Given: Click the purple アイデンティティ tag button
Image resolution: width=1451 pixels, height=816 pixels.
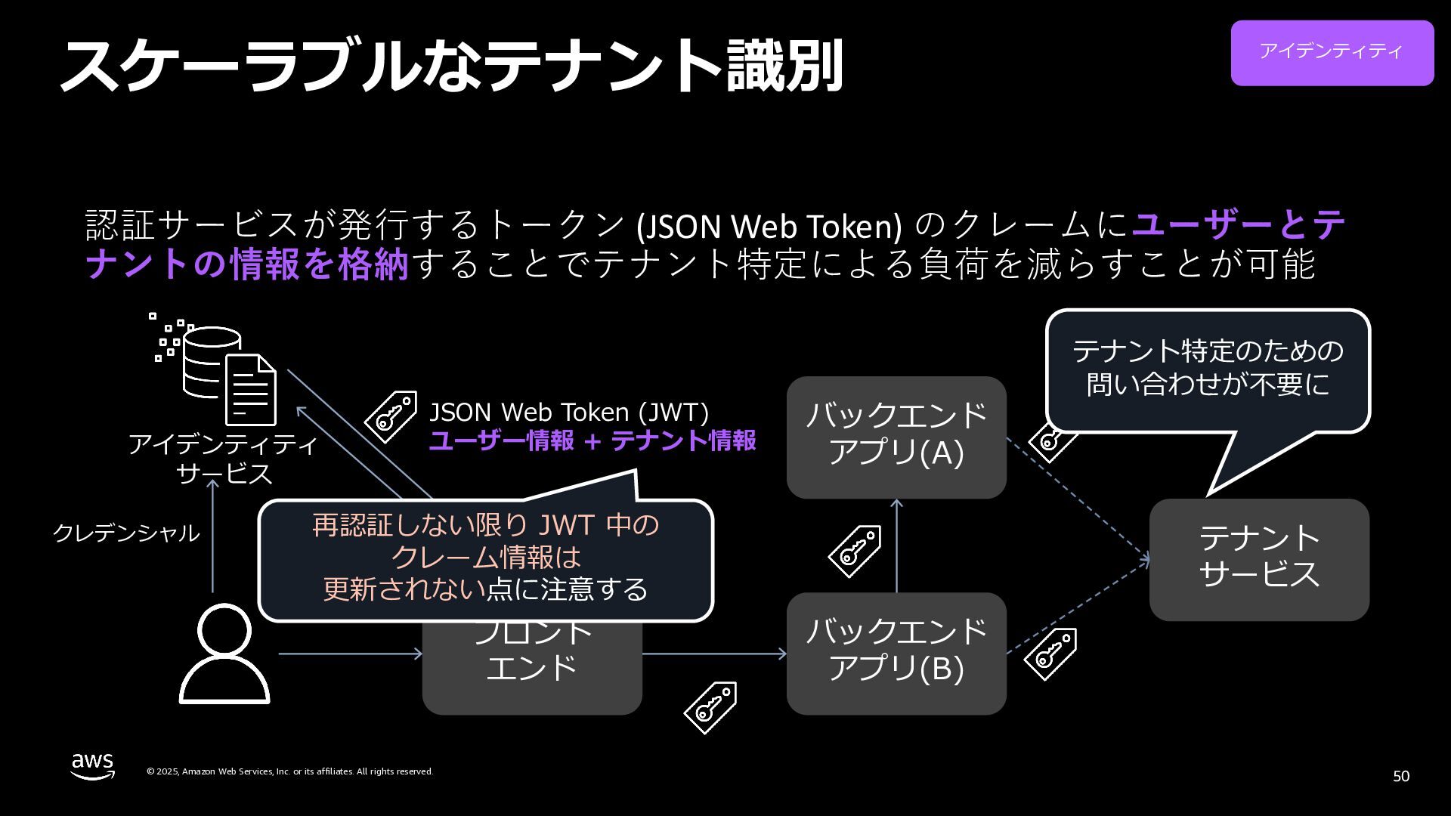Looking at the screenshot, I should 1332,52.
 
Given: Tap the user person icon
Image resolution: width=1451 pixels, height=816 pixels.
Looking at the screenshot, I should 224,654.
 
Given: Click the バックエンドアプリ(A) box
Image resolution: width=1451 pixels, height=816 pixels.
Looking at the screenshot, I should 896,437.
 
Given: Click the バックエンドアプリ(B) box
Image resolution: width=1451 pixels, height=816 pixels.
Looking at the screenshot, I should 896,653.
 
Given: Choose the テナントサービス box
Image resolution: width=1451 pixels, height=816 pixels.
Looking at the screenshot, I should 1259,559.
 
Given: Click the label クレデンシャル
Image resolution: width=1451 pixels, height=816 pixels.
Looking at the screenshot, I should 126,533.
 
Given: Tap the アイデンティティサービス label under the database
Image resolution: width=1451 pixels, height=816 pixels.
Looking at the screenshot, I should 223,458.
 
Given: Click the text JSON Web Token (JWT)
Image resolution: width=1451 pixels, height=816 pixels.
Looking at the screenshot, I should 569,413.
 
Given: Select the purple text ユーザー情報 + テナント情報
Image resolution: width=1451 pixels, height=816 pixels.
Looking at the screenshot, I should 592,440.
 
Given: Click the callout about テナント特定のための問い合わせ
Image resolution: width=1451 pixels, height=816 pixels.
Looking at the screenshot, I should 1208,369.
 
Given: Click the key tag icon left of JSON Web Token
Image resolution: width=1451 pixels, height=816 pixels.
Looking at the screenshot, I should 391,416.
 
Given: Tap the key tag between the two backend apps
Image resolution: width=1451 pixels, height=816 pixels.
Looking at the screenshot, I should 855,551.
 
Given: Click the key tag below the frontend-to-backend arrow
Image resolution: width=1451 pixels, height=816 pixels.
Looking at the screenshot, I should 710,707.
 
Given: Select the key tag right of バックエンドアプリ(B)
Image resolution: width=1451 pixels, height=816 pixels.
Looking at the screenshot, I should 1050,654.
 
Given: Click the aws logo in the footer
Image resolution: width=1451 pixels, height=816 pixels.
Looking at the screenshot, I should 93,765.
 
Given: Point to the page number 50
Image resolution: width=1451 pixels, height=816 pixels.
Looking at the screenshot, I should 1400,776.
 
